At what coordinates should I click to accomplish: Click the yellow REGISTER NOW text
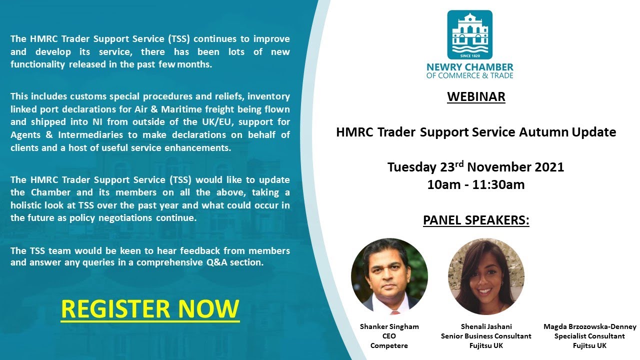pos(150,308)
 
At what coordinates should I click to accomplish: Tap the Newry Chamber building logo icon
pos(469,35)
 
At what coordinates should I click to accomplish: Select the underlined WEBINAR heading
pos(476,96)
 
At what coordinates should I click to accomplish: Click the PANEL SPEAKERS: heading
pos(476,220)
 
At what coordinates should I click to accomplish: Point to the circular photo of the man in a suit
pos(389,276)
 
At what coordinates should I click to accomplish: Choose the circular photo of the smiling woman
pos(486,276)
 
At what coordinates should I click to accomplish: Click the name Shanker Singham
pos(389,326)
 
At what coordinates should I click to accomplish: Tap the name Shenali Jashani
pos(486,326)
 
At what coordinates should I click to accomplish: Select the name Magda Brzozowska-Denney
pos(590,326)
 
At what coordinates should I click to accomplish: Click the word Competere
pos(389,345)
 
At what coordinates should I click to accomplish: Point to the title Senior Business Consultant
pos(486,336)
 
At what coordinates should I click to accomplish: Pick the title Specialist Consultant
pos(590,336)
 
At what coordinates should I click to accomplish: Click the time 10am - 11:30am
pos(476,184)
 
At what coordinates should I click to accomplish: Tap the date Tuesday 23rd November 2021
pos(476,167)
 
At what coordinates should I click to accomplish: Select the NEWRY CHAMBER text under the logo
pos(469,67)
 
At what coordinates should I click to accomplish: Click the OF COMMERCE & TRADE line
pos(469,76)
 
